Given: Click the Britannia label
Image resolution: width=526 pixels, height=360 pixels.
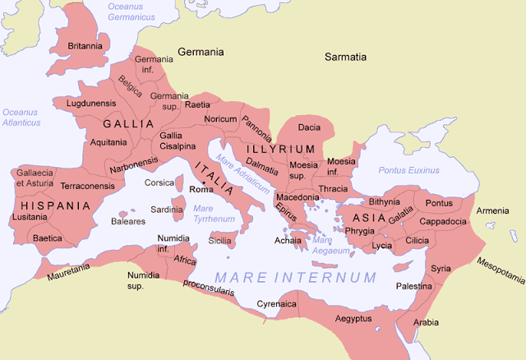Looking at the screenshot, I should click(85, 46).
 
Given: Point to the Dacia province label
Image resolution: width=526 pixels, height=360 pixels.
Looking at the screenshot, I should click(309, 127).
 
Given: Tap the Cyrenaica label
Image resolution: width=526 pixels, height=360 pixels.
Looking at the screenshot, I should click(277, 303).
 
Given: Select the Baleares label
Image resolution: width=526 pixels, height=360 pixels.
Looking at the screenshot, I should click(128, 221).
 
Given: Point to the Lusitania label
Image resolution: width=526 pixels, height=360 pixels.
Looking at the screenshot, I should click(30, 217).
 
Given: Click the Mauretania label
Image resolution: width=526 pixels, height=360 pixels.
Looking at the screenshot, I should click(67, 267).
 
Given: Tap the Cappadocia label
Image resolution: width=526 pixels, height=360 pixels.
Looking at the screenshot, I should click(444, 222).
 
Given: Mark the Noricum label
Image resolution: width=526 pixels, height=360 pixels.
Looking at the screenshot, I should click(220, 119).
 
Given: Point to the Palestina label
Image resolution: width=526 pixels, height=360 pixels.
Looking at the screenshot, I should click(413, 286).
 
